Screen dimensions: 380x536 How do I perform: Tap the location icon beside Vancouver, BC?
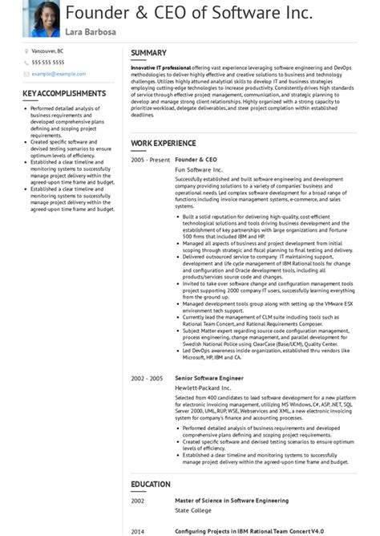pos(26,51)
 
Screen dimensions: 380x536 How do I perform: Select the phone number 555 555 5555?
pos(48,62)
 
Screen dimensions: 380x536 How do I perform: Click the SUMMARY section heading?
pos(148,53)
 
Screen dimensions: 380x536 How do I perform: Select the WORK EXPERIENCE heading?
pos(163,144)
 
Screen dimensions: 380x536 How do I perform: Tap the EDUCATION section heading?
pos(151,484)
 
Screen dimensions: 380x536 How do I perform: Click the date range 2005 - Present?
pos(150,160)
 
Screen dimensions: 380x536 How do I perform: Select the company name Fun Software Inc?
pos(199,170)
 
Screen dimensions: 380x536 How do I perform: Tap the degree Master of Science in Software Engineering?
pos(232,500)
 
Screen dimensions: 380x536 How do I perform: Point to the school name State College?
pos(193,510)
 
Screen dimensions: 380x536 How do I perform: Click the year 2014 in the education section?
pos(138,530)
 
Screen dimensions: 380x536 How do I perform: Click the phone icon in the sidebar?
pos(26,62)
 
